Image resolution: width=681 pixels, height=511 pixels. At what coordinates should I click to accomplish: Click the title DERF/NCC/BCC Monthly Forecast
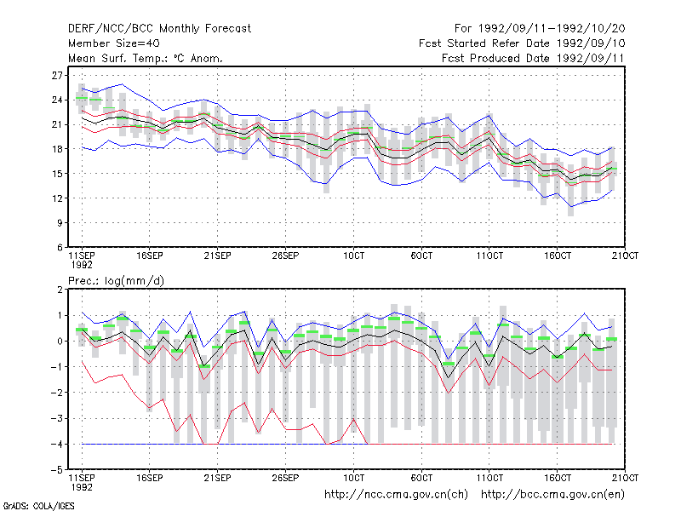click(x=159, y=29)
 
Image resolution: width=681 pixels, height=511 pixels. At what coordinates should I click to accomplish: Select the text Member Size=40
click(x=114, y=43)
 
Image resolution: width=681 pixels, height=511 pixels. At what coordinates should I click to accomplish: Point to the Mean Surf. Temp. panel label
click(x=145, y=58)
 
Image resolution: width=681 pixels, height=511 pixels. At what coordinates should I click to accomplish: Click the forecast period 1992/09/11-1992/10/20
click(x=540, y=29)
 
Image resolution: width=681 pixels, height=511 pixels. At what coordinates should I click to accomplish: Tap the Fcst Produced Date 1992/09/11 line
click(x=533, y=58)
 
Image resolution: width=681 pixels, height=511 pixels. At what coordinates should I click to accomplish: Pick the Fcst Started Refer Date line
click(x=522, y=43)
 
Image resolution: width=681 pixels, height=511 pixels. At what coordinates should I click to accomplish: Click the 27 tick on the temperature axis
click(x=57, y=76)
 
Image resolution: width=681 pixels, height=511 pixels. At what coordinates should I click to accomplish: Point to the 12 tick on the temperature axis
click(x=57, y=198)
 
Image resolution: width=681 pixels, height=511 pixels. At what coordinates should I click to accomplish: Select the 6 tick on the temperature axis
click(x=60, y=248)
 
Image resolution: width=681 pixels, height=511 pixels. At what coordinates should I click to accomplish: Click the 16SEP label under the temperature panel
click(x=150, y=255)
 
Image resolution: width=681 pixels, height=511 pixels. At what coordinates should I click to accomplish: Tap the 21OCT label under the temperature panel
click(x=625, y=255)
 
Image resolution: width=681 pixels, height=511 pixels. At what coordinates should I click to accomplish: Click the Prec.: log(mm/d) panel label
click(x=116, y=281)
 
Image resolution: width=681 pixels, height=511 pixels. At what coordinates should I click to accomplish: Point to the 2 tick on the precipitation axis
click(x=60, y=290)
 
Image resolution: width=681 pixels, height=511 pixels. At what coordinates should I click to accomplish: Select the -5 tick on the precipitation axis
click(x=57, y=470)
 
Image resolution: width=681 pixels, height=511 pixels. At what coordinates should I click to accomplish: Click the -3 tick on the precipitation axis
click(x=57, y=419)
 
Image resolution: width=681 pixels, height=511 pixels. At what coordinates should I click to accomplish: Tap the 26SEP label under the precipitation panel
click(x=285, y=478)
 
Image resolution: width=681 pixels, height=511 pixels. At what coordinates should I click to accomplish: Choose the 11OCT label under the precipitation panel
click(x=489, y=478)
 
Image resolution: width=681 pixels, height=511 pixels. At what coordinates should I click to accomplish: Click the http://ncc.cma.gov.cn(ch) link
click(x=396, y=495)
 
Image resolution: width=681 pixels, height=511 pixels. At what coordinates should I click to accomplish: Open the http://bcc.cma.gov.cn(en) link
click(x=552, y=495)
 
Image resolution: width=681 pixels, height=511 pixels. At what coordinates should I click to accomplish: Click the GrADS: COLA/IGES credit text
click(x=38, y=506)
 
